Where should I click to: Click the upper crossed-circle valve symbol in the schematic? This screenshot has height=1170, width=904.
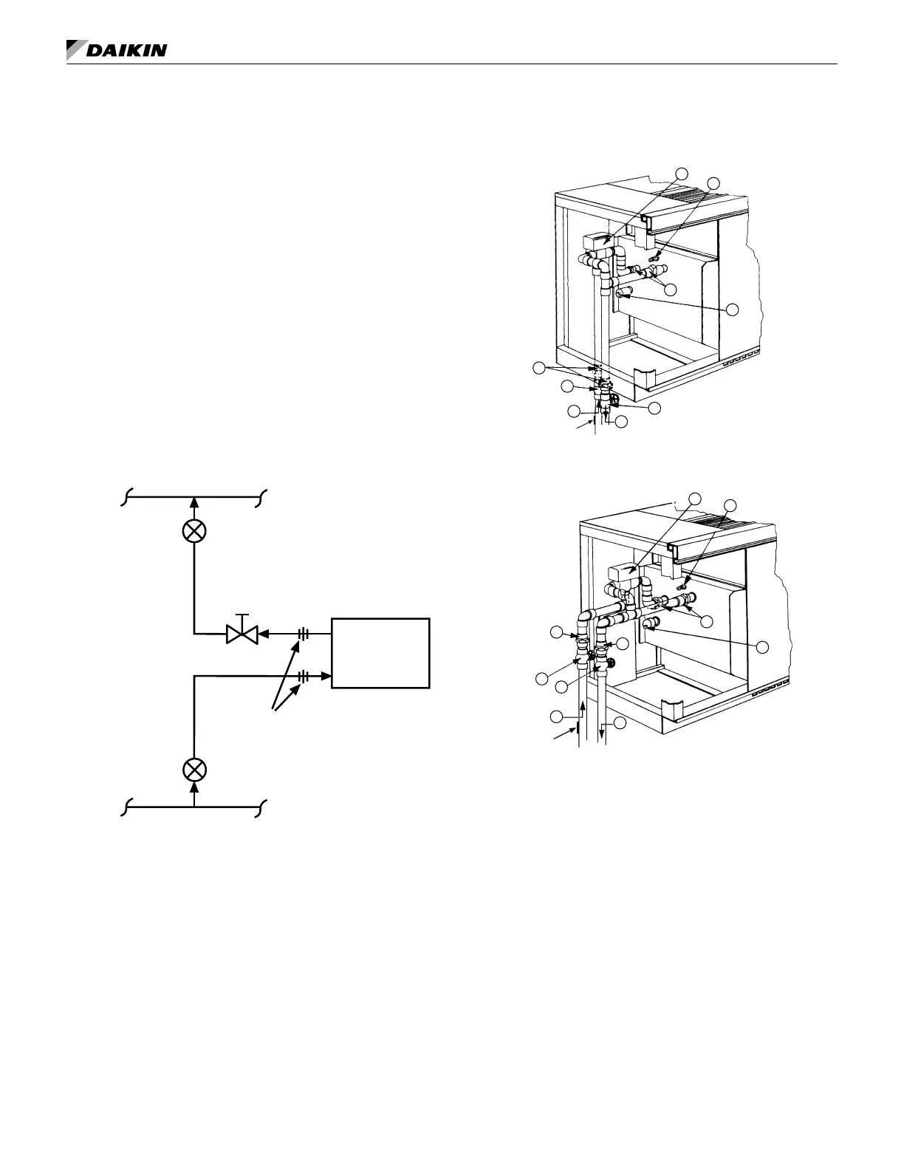pyautogui.click(x=194, y=530)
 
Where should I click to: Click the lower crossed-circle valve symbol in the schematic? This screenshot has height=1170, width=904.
pyautogui.click(x=194, y=770)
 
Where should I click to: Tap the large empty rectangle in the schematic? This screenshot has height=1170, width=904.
pyautogui.click(x=380, y=653)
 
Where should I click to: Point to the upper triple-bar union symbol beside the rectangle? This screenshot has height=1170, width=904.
pyautogui.click(x=303, y=633)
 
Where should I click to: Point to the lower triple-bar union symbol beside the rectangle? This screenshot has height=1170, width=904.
pyautogui.click(x=303, y=675)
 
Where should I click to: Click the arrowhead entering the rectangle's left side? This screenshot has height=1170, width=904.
pyautogui.click(x=326, y=675)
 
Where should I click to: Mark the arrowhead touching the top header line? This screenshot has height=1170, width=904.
pyautogui.click(x=194, y=503)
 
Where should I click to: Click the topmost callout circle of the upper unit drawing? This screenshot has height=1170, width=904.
pyautogui.click(x=682, y=172)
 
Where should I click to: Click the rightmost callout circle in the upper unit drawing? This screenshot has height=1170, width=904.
pyautogui.click(x=733, y=309)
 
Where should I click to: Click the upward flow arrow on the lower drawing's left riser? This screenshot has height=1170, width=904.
pyautogui.click(x=583, y=708)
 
